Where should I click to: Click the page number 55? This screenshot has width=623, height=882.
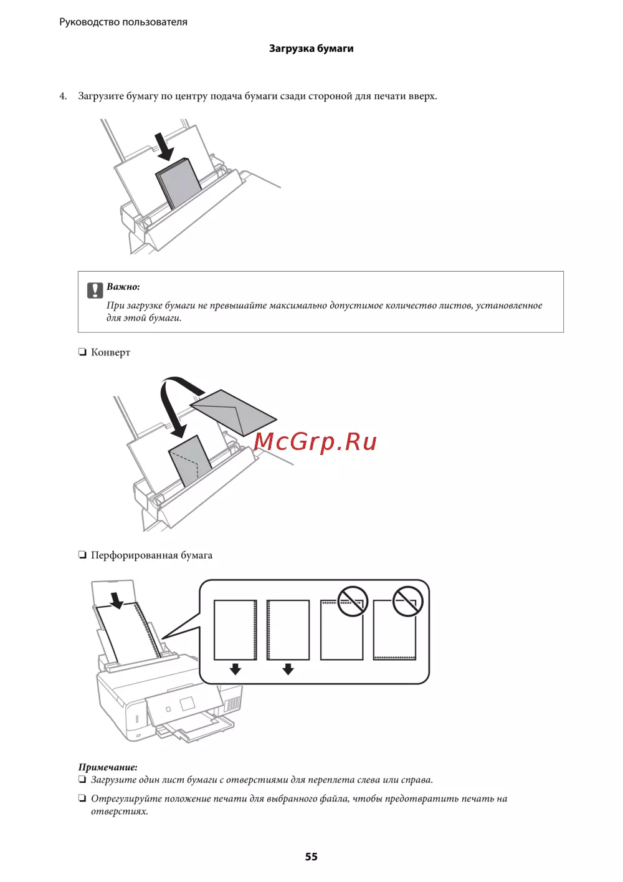(x=311, y=856)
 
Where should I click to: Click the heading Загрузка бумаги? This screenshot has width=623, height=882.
(x=311, y=49)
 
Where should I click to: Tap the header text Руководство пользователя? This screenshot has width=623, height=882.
(x=123, y=22)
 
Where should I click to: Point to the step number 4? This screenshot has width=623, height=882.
(x=63, y=96)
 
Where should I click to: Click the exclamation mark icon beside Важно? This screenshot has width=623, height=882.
(x=95, y=290)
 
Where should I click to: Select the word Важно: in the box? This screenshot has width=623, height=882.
(x=123, y=287)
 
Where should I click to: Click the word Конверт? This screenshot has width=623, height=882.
(x=111, y=352)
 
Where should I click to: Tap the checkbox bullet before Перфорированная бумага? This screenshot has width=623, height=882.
(x=82, y=555)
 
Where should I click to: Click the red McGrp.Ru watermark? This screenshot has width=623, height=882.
(x=315, y=442)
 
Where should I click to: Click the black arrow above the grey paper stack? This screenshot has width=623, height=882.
(x=164, y=146)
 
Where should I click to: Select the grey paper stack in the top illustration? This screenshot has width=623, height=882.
(x=178, y=183)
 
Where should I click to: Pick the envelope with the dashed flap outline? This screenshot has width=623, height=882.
(x=190, y=461)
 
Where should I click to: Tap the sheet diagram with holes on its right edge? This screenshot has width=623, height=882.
(x=235, y=630)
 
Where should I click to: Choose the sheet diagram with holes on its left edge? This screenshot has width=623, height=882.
(x=288, y=630)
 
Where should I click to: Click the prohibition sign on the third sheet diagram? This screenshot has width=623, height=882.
(x=353, y=602)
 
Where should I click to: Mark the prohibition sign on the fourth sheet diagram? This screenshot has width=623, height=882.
(x=407, y=602)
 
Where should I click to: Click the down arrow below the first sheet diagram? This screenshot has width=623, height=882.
(x=235, y=669)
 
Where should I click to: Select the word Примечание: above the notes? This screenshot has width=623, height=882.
(x=108, y=767)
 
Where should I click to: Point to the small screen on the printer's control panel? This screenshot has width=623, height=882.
(x=186, y=704)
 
